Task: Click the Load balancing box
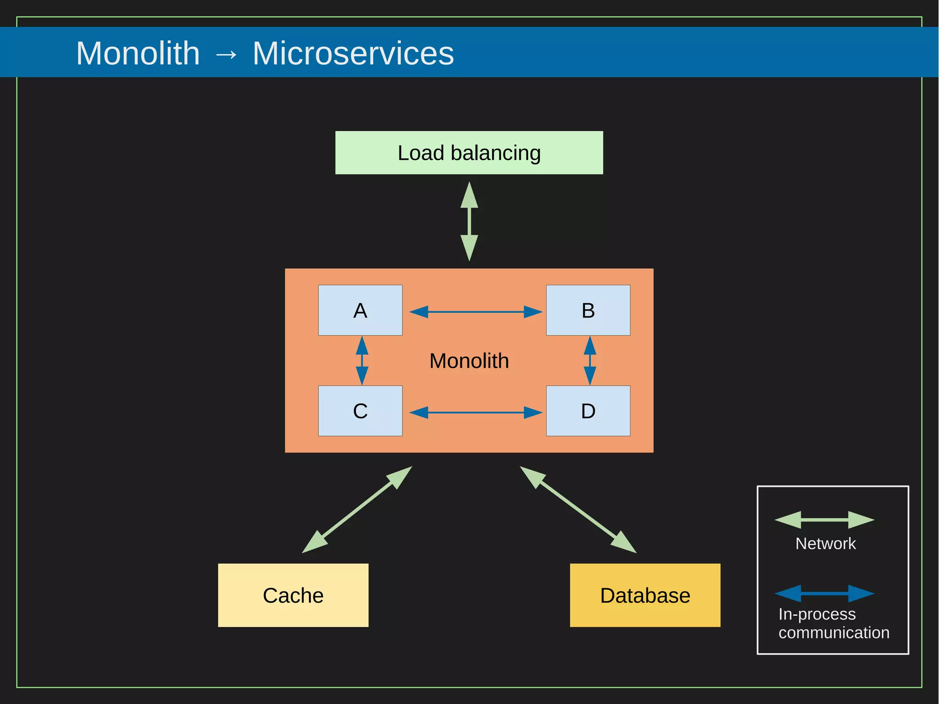point(469,153)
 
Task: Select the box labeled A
point(360,310)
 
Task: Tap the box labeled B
point(588,310)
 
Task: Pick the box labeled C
point(360,411)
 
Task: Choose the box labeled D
point(588,411)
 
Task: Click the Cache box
point(293,595)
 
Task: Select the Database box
point(645,595)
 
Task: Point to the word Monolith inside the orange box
point(469,361)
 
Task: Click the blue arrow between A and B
point(475,312)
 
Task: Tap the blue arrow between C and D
point(475,413)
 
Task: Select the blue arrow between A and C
point(362,360)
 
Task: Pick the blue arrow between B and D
point(590,360)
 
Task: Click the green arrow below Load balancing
point(469,222)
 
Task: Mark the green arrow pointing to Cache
point(357,510)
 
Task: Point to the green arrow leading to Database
point(578,510)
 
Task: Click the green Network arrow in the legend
point(824,520)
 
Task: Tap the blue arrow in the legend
point(824,593)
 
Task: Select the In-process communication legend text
point(833,623)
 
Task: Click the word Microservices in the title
point(353,53)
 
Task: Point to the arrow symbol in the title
point(226,55)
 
